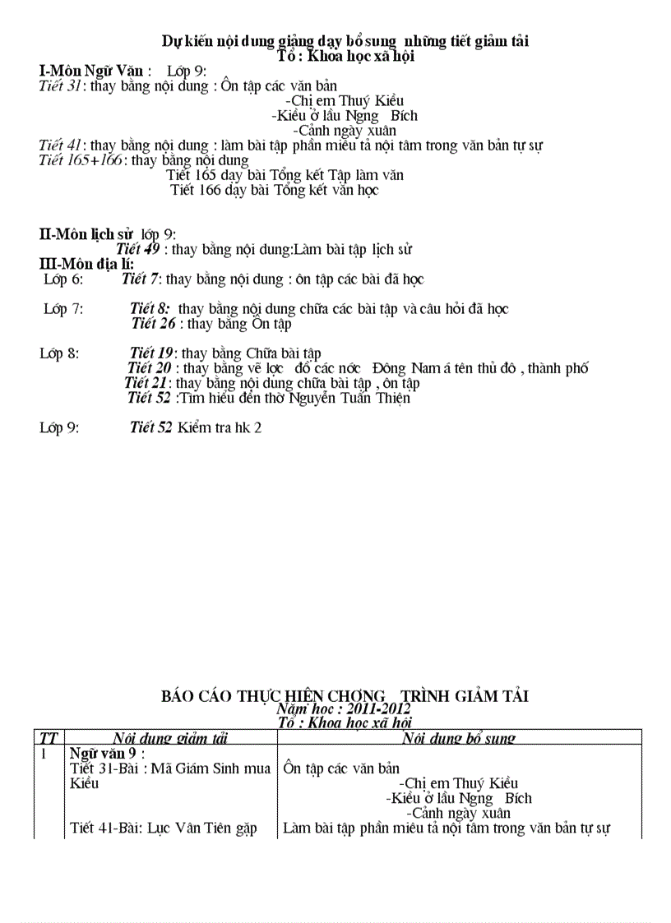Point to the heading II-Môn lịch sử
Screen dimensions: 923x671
[86, 234]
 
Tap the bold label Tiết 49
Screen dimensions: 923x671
[138, 249]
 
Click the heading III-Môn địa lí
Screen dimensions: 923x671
[87, 264]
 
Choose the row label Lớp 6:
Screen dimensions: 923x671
[63, 279]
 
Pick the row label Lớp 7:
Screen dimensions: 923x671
[63, 309]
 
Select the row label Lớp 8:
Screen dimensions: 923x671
[60, 353]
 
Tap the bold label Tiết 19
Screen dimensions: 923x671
[151, 353]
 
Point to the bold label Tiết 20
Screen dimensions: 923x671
[150, 368]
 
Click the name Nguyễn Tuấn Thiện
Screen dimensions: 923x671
[349, 399]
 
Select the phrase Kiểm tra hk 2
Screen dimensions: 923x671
[220, 428]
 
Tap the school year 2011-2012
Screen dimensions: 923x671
[378, 708]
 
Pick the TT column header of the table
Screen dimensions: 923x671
[49, 737]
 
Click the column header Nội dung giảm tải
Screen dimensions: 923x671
[170, 737]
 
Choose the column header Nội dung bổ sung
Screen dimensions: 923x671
[459, 737]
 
